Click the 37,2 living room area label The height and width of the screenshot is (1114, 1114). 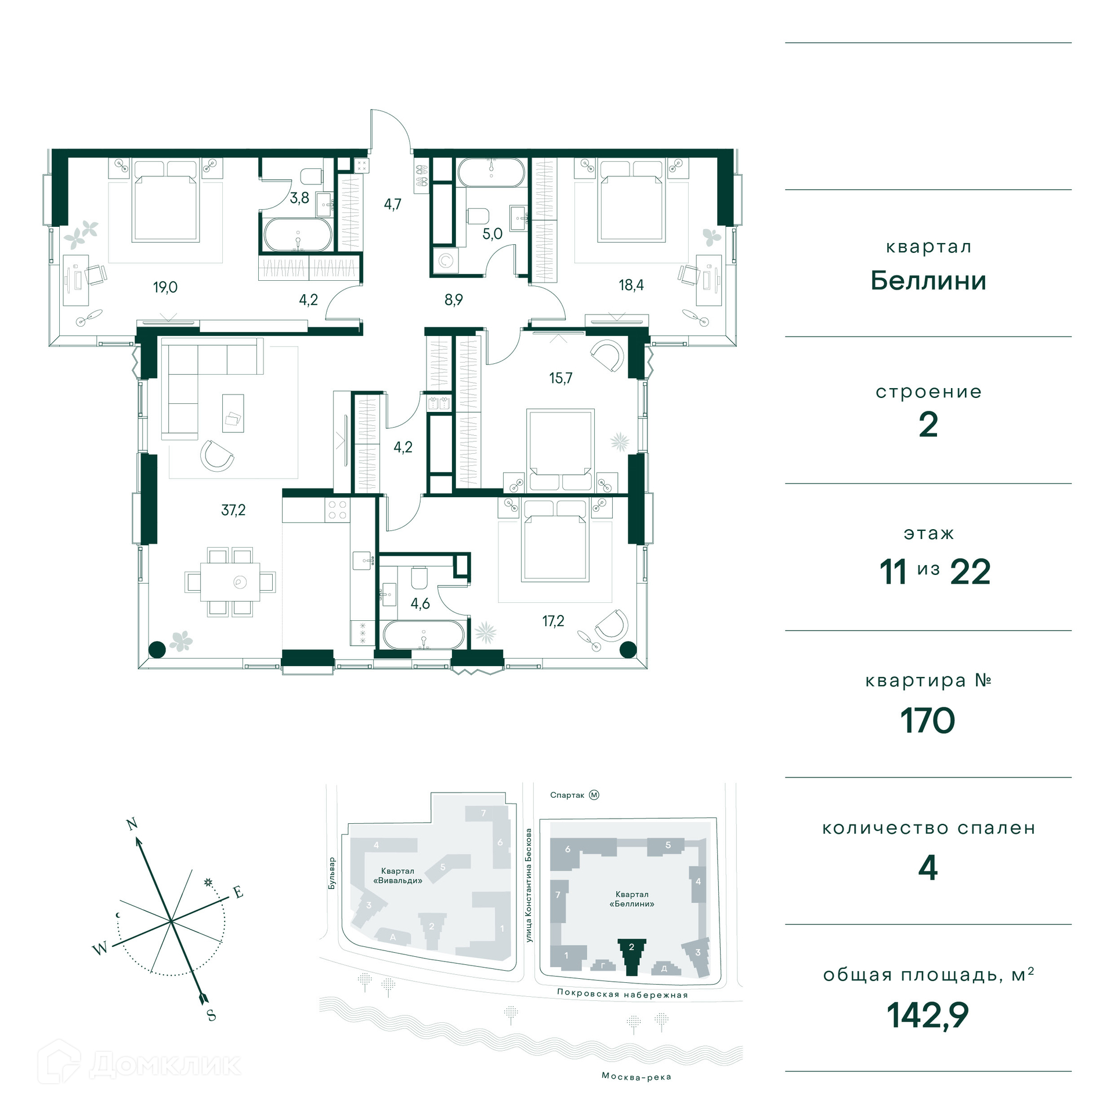(x=233, y=510)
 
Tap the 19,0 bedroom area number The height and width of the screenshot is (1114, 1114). (x=165, y=287)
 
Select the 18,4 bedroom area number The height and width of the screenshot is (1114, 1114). (x=631, y=285)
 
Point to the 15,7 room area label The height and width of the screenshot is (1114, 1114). (x=560, y=378)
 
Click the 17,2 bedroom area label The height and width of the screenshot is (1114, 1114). (x=553, y=621)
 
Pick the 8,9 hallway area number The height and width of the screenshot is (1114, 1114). (x=454, y=300)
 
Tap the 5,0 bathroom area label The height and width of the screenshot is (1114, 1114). (x=493, y=234)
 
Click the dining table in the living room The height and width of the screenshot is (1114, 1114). (x=230, y=582)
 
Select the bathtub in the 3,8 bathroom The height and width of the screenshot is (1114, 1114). (x=298, y=234)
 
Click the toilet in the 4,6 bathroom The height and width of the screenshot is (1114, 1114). (x=419, y=577)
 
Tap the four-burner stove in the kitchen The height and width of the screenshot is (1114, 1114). (x=337, y=509)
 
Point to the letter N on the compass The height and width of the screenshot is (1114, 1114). (x=132, y=824)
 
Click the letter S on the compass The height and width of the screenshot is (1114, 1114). (x=212, y=1015)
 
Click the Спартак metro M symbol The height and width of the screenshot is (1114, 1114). (x=594, y=795)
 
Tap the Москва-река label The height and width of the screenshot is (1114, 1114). (x=636, y=1076)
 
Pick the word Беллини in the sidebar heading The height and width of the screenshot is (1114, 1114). (x=928, y=281)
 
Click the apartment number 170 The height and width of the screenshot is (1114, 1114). (x=927, y=721)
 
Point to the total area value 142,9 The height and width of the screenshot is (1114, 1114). (x=928, y=1015)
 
